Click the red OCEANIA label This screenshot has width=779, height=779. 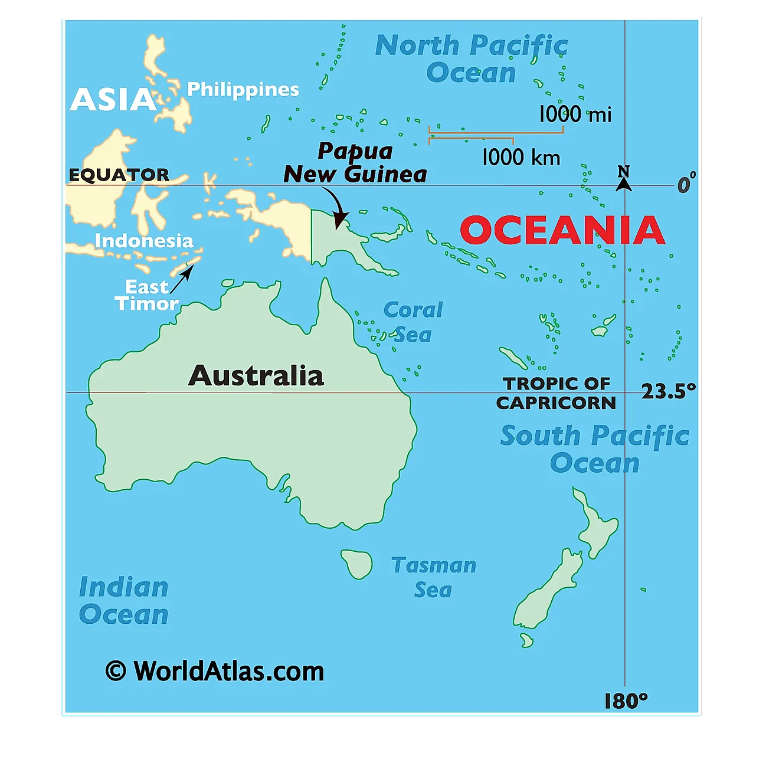pyautogui.click(x=562, y=230)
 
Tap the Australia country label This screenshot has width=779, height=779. pyautogui.click(x=256, y=376)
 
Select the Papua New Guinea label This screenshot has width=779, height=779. pyautogui.click(x=355, y=163)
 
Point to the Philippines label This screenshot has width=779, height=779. pyautogui.click(x=243, y=89)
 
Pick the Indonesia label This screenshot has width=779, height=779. pyautogui.click(x=144, y=241)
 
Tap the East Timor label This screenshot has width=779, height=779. pyautogui.click(x=146, y=295)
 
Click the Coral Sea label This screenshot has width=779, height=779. pyautogui.click(x=413, y=322)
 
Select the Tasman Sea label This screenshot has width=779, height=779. pyautogui.click(x=433, y=577)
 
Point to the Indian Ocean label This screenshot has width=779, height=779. pyautogui.click(x=124, y=601)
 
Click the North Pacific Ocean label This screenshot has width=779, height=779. pyautogui.click(x=471, y=59)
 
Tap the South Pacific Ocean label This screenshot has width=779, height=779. pyautogui.click(x=594, y=449)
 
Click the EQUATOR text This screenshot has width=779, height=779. pyautogui.click(x=119, y=175)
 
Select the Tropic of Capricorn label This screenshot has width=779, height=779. pyautogui.click(x=556, y=393)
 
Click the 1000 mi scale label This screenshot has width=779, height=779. pyautogui.click(x=575, y=114)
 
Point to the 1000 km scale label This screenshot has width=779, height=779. pyautogui.click(x=521, y=157)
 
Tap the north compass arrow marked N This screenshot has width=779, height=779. pyautogui.click(x=624, y=179)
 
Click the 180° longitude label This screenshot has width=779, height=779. pyautogui.click(x=626, y=701)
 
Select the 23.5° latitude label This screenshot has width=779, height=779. pyautogui.click(x=668, y=391)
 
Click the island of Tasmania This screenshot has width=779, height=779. pyautogui.click(x=357, y=563)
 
